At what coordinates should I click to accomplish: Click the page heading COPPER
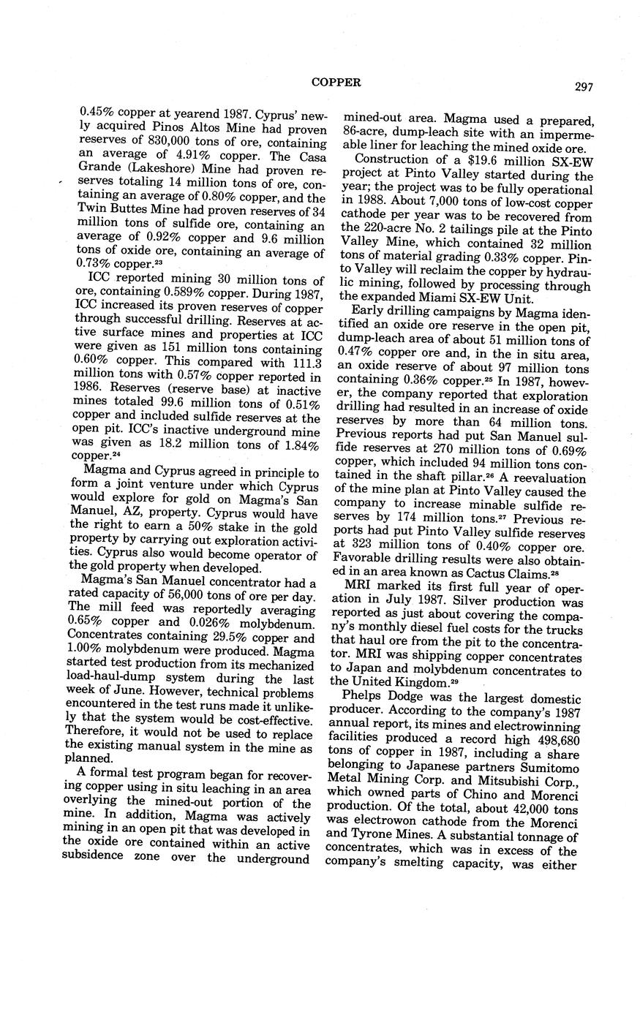click(x=336, y=83)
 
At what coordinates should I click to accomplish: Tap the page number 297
click(x=583, y=87)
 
